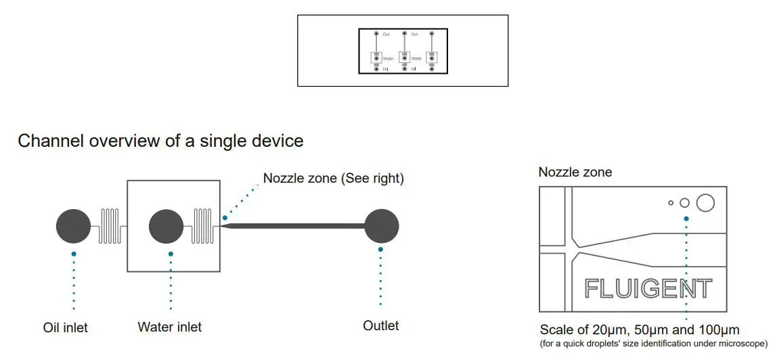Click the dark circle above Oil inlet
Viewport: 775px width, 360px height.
tap(73, 226)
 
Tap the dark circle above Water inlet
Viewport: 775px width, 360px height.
tap(167, 226)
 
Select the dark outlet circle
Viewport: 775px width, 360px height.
tap(381, 226)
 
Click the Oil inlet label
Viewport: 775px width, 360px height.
tap(66, 328)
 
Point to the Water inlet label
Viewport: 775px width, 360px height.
tap(169, 327)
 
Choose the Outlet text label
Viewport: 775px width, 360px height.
tap(381, 325)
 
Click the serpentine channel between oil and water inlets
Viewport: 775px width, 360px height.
tap(110, 226)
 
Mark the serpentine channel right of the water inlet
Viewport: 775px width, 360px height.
tap(204, 226)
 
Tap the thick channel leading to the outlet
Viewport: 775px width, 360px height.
tap(298, 225)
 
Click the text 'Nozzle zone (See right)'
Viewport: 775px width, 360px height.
tap(333, 179)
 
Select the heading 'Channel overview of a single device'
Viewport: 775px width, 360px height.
tap(160, 141)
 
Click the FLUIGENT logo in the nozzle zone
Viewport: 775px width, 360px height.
tap(648, 289)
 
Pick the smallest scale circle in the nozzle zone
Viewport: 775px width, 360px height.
tap(671, 202)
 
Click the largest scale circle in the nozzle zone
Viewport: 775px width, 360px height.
tap(705, 202)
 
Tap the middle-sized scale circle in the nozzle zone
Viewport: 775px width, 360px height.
tap(684, 202)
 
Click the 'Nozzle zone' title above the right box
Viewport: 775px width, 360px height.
tap(575, 172)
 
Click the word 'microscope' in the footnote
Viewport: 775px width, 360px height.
tap(741, 344)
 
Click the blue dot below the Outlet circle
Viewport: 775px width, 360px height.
tap(381, 249)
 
